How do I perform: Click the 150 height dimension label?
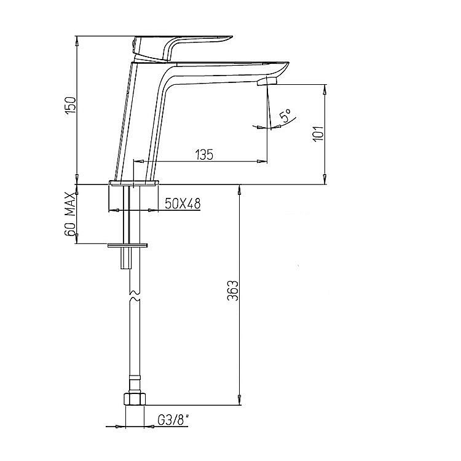[x=71, y=105]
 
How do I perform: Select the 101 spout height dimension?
[x=318, y=134]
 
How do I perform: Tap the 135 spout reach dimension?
[x=204, y=155]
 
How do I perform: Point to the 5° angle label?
[x=285, y=116]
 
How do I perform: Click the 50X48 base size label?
[x=183, y=203]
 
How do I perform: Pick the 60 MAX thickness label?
[x=71, y=215]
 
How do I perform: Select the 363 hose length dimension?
[x=233, y=291]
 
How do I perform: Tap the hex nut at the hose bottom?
[x=135, y=400]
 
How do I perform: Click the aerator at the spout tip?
[x=267, y=81]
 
